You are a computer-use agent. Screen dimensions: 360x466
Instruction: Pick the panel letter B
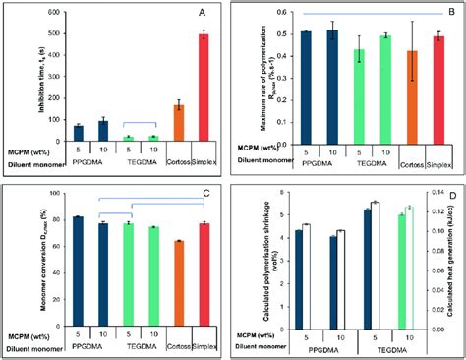(441, 13)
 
